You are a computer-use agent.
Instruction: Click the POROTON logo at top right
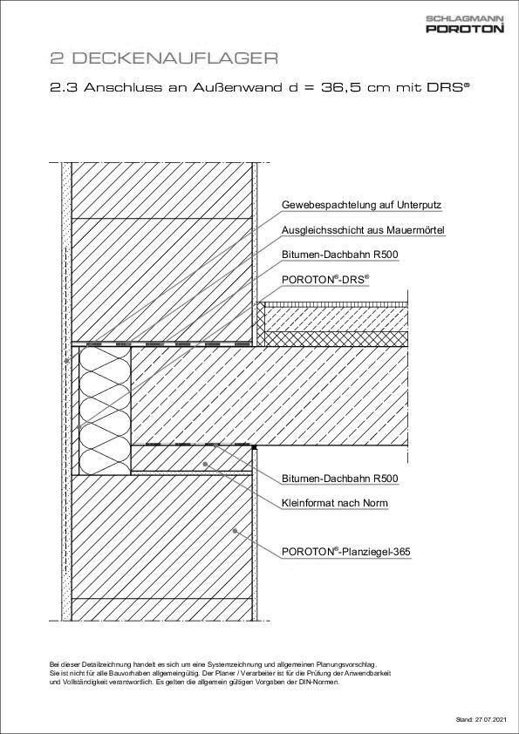coord(465,29)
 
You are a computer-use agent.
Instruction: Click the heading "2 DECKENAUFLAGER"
coord(163,58)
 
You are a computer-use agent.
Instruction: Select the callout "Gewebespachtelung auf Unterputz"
coord(361,206)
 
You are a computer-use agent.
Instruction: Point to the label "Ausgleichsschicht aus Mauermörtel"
coord(364,230)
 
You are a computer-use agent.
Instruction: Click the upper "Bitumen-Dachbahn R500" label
coord(340,255)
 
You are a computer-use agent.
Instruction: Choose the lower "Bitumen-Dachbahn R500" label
coord(340,479)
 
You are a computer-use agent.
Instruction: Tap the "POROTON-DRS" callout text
coord(325,279)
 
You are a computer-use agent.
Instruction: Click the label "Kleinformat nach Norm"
coord(335,503)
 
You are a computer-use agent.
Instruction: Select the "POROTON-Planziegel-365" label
coord(346,552)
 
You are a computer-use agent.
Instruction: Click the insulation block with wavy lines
coord(105,409)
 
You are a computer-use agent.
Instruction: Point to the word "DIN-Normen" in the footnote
coord(319,683)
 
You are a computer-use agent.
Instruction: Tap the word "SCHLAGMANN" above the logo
coord(465,17)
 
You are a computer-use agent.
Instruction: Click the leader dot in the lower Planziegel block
coord(235,530)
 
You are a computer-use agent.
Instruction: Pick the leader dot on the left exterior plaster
coord(66,360)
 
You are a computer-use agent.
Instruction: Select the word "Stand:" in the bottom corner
coord(463,720)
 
